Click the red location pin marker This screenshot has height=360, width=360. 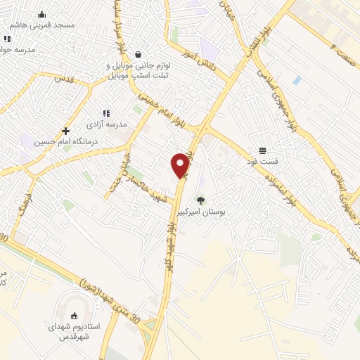pyautogui.click(x=181, y=165)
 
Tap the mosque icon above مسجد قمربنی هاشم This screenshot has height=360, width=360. pyautogui.click(x=41, y=14)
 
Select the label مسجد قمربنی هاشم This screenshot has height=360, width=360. pyautogui.click(x=48, y=25)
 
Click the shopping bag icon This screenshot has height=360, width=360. pyautogui.click(x=139, y=54)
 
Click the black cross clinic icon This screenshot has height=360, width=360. pyautogui.click(x=65, y=131)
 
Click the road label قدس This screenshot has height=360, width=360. pyautogui.click(x=65, y=79)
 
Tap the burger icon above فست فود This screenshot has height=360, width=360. pyautogui.click(x=263, y=150)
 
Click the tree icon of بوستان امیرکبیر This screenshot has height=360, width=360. pyautogui.click(x=201, y=200)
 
